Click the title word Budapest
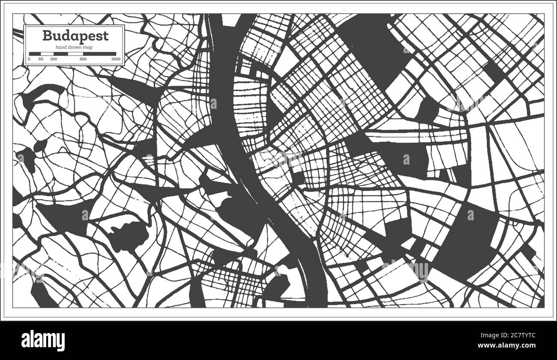75,35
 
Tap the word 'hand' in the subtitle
62,47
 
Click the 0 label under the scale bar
29,59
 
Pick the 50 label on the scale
41,59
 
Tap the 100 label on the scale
53,59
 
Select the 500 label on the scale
83,59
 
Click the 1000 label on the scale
115,59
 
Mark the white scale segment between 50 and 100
47,54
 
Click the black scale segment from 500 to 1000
99,54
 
